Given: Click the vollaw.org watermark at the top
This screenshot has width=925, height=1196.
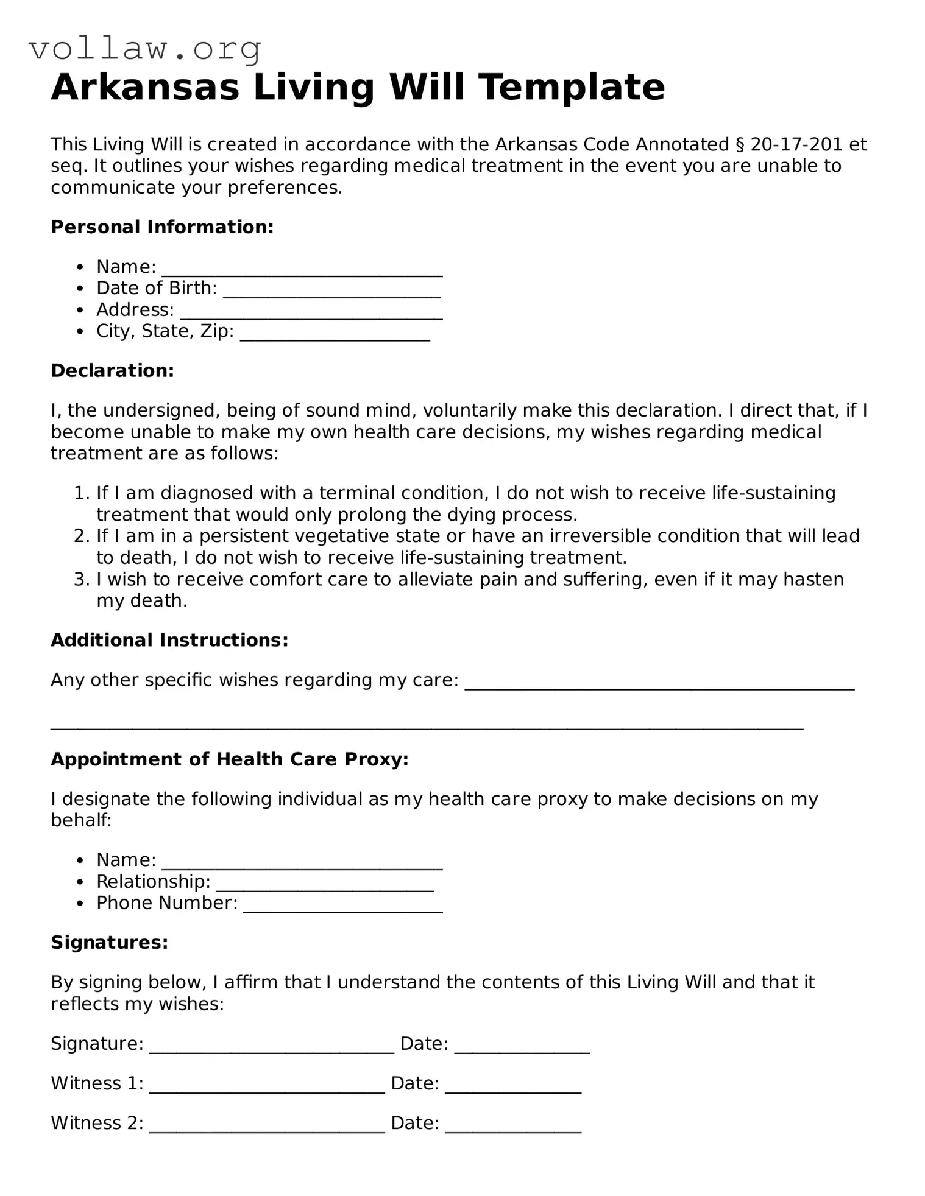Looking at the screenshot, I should pos(145,49).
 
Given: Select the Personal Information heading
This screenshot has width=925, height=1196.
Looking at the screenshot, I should pos(162,227).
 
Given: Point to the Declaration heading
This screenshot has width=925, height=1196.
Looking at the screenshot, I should pos(112,370).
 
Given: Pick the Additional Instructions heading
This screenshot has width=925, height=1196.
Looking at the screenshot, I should pos(169,640).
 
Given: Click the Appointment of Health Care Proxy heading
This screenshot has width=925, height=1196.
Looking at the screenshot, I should pos(229,759).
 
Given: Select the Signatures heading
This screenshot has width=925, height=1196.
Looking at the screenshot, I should pos(109,943).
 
